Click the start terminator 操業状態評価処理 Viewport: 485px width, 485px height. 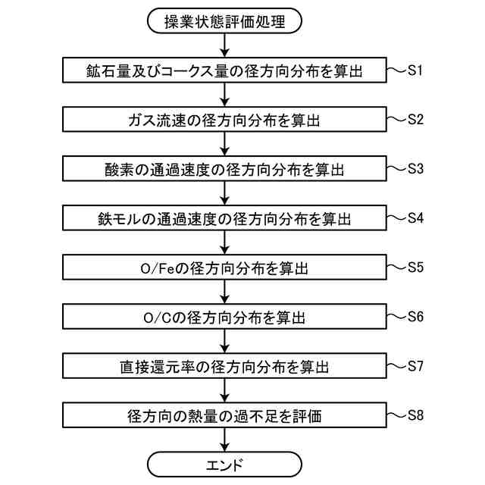(x=224, y=20)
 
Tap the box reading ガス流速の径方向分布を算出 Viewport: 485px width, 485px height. (x=224, y=120)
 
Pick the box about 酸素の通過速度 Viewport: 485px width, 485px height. (x=224, y=169)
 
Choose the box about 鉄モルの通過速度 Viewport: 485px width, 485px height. (x=224, y=218)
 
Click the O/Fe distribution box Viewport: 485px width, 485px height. (x=224, y=268)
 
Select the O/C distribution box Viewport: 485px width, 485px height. (x=224, y=317)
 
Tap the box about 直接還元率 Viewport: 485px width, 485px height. (x=224, y=366)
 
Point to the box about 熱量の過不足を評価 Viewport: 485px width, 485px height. (x=224, y=415)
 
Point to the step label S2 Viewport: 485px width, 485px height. (x=415, y=119)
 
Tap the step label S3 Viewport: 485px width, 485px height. (x=415, y=168)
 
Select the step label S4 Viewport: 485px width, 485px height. (x=415, y=217)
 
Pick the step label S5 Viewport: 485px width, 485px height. (x=415, y=267)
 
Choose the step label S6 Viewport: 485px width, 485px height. (x=415, y=316)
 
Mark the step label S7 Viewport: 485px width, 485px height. (x=415, y=365)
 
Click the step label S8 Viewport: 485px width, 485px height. (x=415, y=415)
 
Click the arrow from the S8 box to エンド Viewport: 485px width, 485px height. (x=224, y=439)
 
